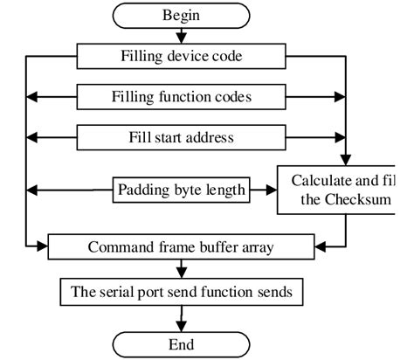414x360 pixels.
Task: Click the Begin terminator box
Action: [181, 15]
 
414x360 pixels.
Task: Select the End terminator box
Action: [181, 343]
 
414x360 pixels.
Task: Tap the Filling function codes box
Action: [181, 97]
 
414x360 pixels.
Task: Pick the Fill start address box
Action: [181, 137]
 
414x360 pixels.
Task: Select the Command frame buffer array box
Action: [181, 246]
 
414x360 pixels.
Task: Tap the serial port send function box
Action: [181, 289]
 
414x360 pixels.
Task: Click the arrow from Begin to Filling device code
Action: [181, 36]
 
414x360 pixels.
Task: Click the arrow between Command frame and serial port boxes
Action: [181, 267]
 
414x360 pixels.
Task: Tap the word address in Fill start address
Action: [215, 137]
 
